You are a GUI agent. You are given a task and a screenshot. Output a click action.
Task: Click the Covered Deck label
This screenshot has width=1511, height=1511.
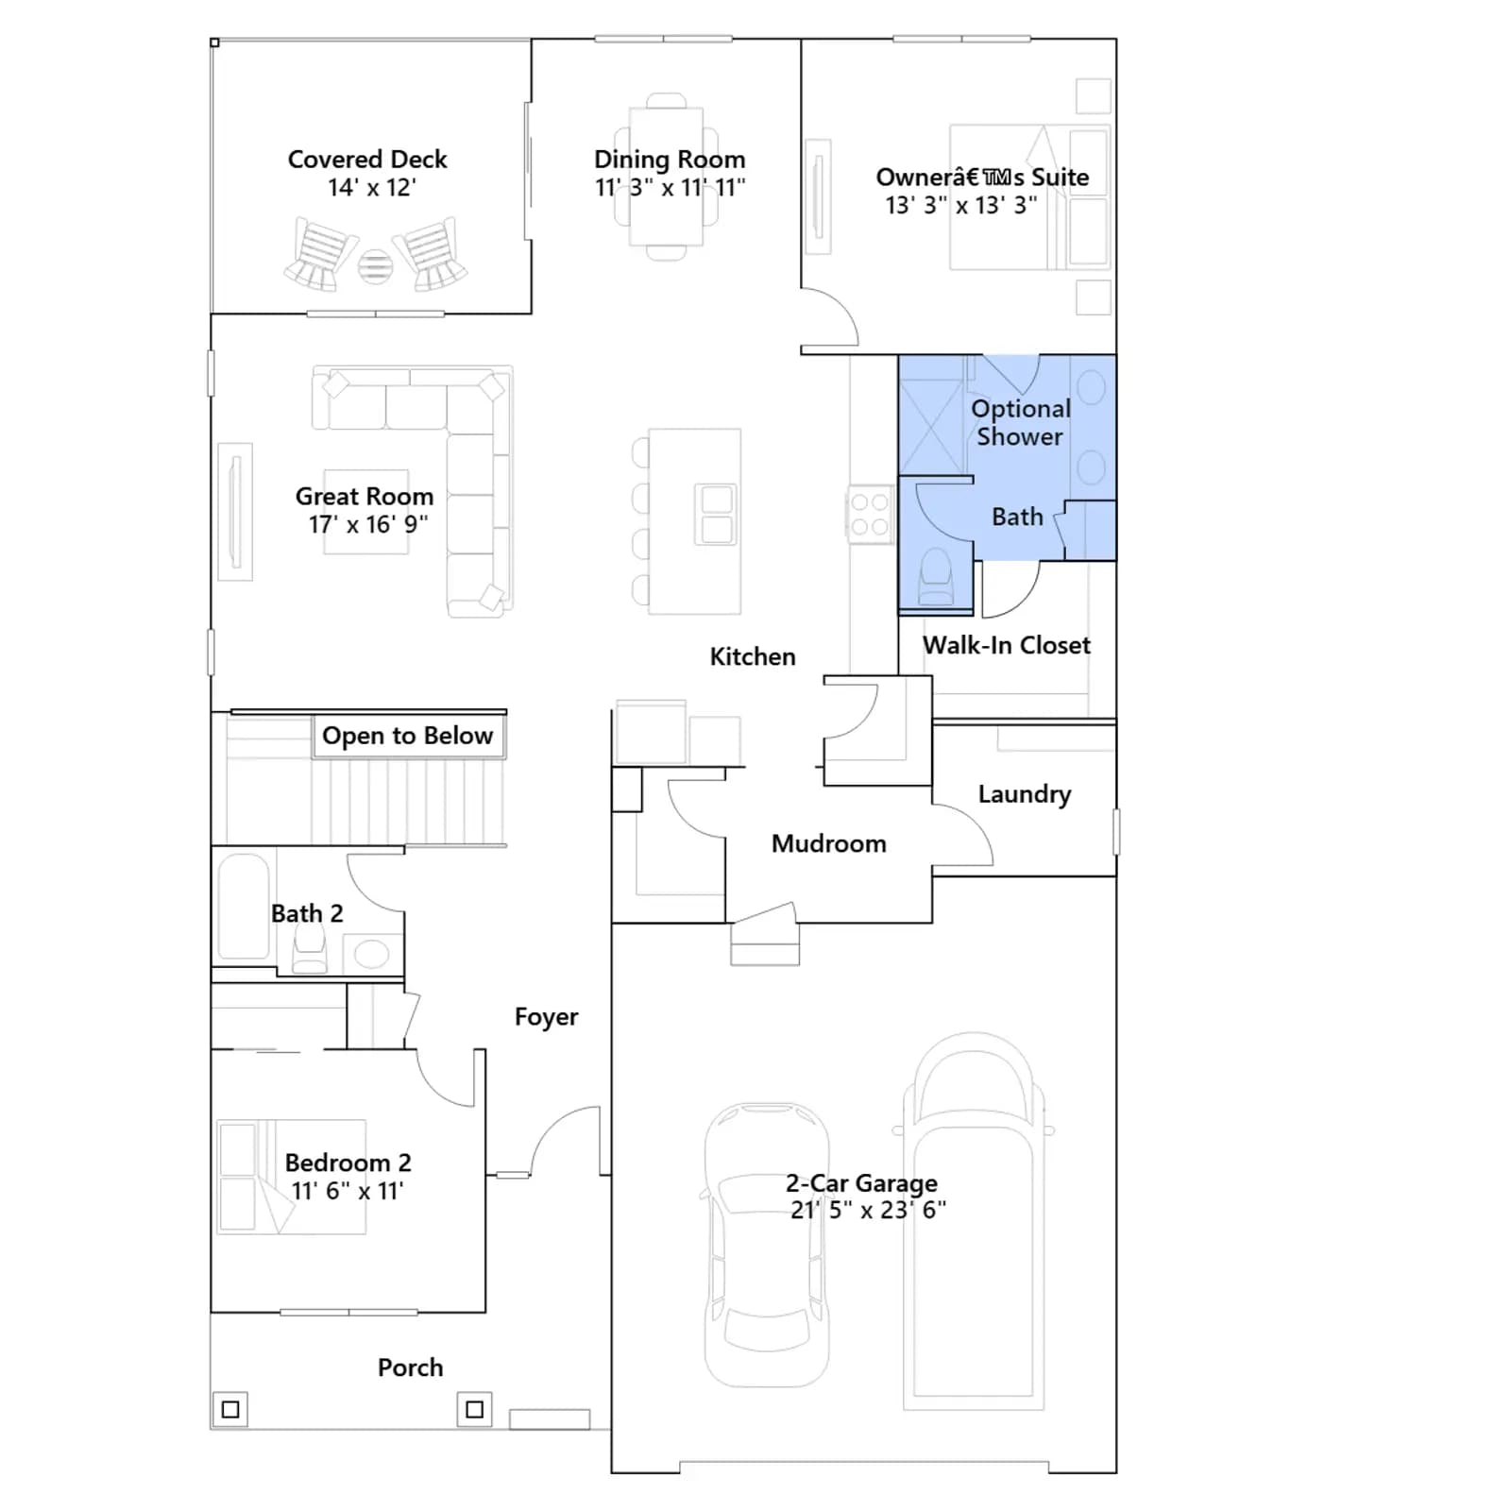pyautogui.click(x=367, y=159)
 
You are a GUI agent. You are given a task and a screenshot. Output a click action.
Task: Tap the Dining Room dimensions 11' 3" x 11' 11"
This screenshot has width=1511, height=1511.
pyautogui.click(x=670, y=187)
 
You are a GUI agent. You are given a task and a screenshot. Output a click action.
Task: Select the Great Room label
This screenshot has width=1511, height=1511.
pyautogui.click(x=365, y=496)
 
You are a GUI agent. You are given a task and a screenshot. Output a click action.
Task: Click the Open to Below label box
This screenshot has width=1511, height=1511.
pyautogui.click(x=409, y=736)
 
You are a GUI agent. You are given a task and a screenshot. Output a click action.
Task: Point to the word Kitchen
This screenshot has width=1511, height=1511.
pyautogui.click(x=753, y=656)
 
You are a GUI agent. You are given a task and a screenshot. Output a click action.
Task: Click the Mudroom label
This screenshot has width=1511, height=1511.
pyautogui.click(x=829, y=843)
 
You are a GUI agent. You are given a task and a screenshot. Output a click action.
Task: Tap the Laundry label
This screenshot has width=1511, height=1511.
pyautogui.click(x=1025, y=794)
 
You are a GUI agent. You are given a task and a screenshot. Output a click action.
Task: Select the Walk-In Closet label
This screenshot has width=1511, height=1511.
pyautogui.click(x=1007, y=645)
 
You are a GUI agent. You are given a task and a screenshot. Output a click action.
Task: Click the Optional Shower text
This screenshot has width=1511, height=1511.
pyautogui.click(x=1021, y=422)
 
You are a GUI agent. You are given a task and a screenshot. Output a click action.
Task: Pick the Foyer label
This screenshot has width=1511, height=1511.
pyautogui.click(x=546, y=1017)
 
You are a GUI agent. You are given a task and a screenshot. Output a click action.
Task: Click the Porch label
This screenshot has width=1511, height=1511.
pyautogui.click(x=410, y=1367)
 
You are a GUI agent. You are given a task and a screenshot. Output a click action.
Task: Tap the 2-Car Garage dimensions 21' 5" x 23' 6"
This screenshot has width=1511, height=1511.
pyautogui.click(x=868, y=1210)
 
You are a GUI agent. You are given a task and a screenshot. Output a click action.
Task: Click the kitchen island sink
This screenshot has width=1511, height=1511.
pyautogui.click(x=717, y=515)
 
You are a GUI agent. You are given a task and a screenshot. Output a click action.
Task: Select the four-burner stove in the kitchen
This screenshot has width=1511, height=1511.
pyautogui.click(x=869, y=515)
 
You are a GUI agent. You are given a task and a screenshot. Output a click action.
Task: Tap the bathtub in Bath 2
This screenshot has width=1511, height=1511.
pyautogui.click(x=244, y=907)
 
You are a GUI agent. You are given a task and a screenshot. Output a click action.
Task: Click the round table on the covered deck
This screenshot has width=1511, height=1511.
pyautogui.click(x=375, y=267)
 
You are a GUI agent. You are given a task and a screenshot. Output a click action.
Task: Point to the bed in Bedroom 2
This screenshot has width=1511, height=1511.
pyautogui.click(x=291, y=1177)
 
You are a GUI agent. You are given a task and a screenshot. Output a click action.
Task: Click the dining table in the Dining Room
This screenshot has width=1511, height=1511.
pyautogui.click(x=667, y=178)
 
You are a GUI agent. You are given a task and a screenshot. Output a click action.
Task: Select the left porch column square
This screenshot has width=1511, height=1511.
pyautogui.click(x=229, y=1410)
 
